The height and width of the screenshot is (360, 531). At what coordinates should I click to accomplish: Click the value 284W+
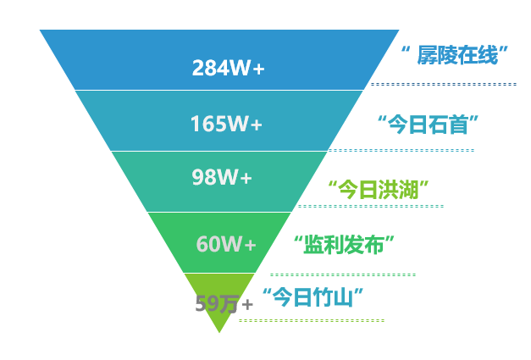(x=228, y=67)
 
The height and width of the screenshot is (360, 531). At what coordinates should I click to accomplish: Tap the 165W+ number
(x=226, y=124)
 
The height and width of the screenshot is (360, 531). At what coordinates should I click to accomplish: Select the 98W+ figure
(x=222, y=178)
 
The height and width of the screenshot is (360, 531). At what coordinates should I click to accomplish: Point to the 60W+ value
(x=226, y=244)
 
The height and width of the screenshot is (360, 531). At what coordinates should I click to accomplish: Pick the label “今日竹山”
(x=313, y=297)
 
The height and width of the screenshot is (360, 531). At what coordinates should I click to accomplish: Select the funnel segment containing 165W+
(x=152, y=120)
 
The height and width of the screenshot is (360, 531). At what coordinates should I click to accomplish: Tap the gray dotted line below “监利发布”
(x=343, y=274)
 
